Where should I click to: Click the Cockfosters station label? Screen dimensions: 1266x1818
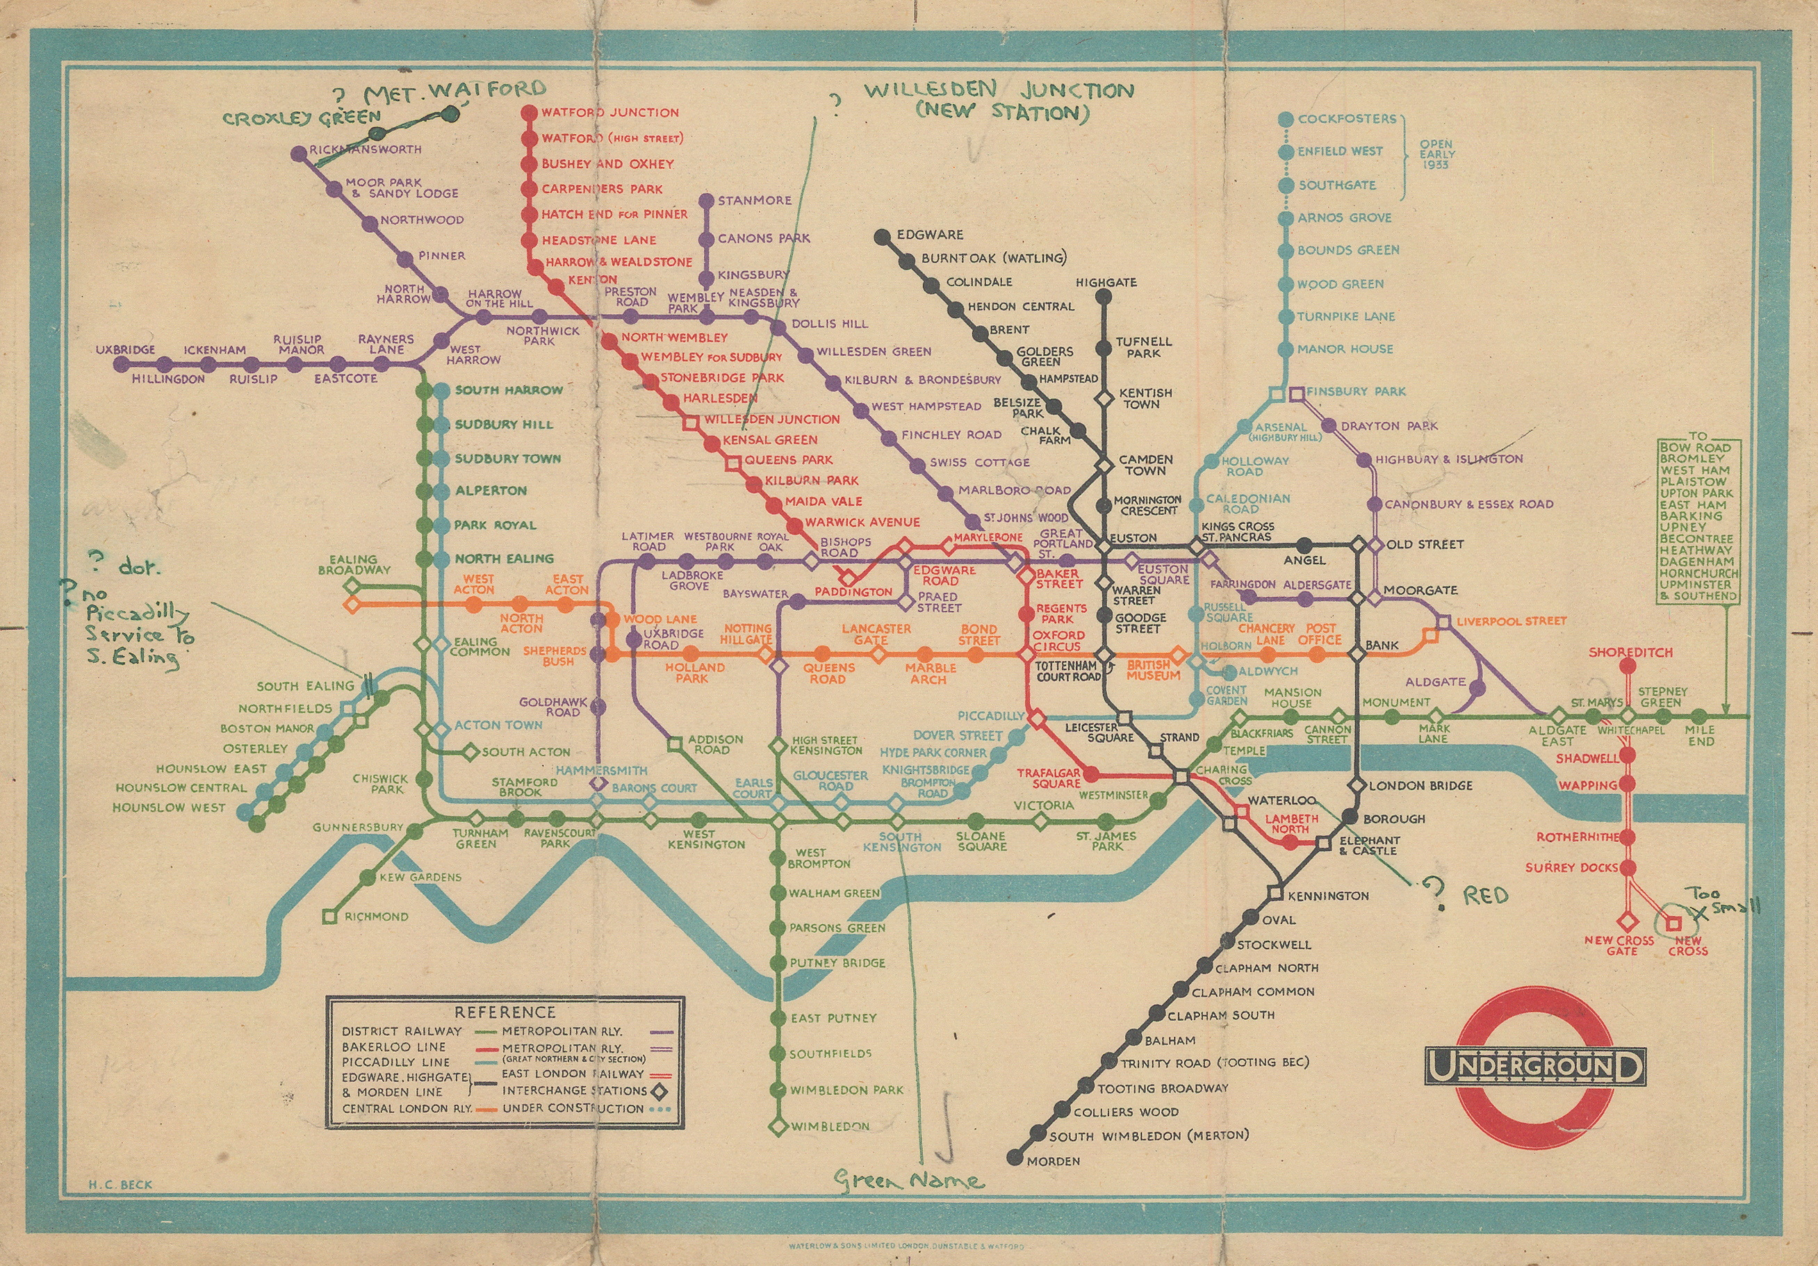pyautogui.click(x=1347, y=119)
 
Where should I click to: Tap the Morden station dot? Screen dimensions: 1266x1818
pyautogui.click(x=1013, y=1158)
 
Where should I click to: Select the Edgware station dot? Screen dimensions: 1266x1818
pyautogui.click(x=881, y=236)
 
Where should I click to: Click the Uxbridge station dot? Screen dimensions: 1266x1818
pyautogui.click(x=121, y=364)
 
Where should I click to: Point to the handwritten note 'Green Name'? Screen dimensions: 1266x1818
pyautogui.click(x=909, y=1181)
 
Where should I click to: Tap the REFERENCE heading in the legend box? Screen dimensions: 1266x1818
pyautogui.click(x=505, y=1012)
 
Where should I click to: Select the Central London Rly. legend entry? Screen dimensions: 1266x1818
pyautogui.click(x=407, y=1108)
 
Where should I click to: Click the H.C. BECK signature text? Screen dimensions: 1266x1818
pyautogui.click(x=120, y=1185)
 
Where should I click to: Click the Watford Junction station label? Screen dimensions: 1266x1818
pyautogui.click(x=609, y=113)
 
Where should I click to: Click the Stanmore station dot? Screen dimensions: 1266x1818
pyautogui.click(x=705, y=201)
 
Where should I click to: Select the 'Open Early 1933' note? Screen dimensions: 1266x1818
pyautogui.click(x=1436, y=154)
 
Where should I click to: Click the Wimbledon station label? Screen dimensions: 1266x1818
pyautogui.click(x=830, y=1126)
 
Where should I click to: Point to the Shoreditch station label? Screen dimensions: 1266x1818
pyautogui.click(x=1630, y=652)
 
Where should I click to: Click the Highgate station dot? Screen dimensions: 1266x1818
pyautogui.click(x=1103, y=297)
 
